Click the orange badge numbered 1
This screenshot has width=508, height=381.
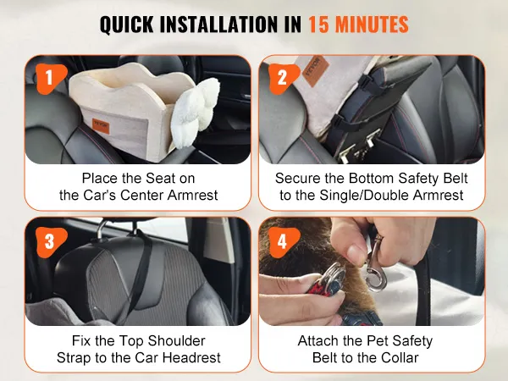tap(51, 79)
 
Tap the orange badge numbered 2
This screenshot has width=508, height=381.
tap(284, 79)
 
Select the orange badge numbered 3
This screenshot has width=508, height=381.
tap(51, 242)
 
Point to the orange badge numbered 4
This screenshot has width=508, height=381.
tap(284, 242)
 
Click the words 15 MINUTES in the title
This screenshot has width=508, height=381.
tap(358, 25)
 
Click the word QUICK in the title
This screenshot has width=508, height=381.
tap(127, 25)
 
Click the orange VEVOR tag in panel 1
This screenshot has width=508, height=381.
tap(101, 126)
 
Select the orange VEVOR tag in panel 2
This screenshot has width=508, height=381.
tap(315, 71)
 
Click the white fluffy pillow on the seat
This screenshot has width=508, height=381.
tap(195, 112)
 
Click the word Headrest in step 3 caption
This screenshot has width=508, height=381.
tap(191, 357)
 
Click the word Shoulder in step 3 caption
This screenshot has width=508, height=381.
tap(176, 341)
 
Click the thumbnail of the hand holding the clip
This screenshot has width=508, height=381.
tap(372, 272)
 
